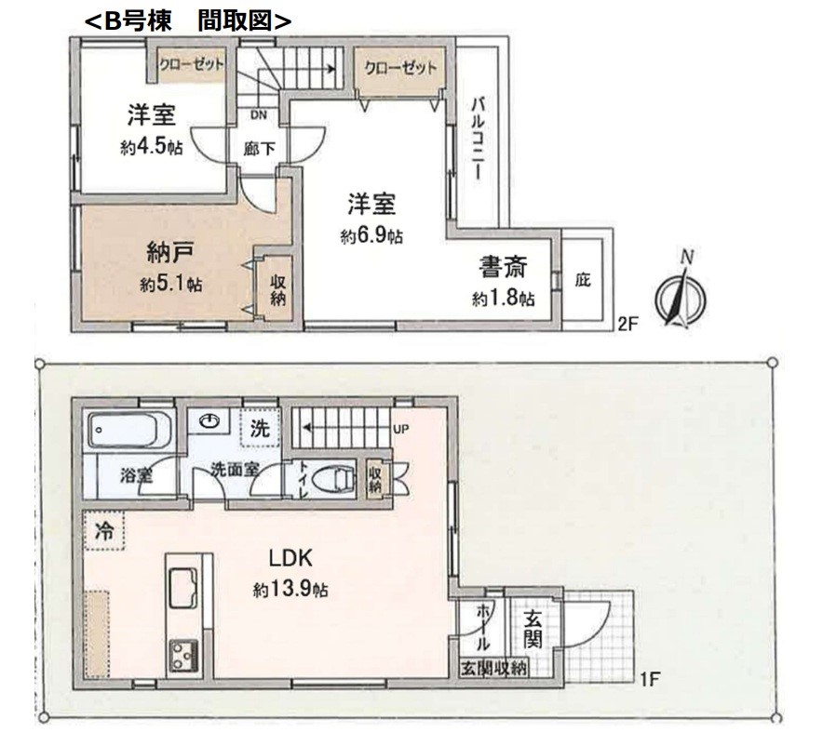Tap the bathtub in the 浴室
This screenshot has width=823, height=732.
130,430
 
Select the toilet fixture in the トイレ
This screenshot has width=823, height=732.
334,479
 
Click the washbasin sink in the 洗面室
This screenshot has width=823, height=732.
209,421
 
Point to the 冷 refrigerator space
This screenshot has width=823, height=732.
103,530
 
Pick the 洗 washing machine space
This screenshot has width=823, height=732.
260,428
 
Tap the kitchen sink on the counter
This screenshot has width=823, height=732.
182,588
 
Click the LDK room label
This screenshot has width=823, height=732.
290,558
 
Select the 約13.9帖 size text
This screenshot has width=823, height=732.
290,591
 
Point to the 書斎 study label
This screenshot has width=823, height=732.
503,268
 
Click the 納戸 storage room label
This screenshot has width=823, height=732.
169,253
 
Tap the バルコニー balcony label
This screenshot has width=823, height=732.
479,139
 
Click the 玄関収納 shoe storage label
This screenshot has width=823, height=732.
493,669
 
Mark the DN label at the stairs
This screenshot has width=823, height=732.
259,114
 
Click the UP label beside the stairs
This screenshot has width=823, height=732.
401,429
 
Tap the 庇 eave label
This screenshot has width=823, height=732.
583,279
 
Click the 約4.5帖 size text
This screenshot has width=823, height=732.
152,148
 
